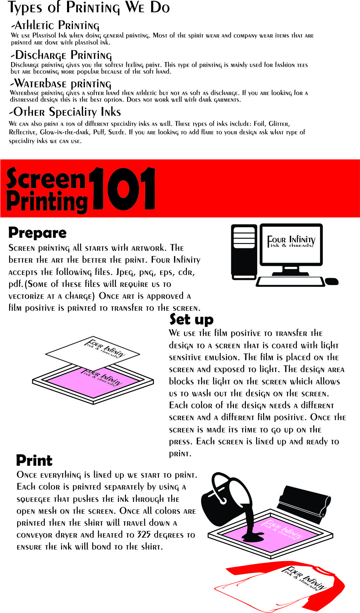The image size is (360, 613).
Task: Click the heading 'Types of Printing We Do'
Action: click(89, 8)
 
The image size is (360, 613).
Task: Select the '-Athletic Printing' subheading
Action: click(55, 26)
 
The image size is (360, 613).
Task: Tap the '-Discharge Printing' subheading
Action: click(61, 55)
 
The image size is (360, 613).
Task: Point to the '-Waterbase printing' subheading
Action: click(60, 84)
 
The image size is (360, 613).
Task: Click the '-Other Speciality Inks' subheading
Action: click(65, 112)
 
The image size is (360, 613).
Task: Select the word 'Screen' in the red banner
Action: click(46, 178)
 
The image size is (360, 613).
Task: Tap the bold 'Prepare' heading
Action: click(38, 233)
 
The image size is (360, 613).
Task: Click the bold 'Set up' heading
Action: click(192, 319)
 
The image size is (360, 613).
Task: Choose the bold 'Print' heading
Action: click(34, 460)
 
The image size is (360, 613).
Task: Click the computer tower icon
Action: click(244, 252)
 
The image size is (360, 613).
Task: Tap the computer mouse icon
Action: click(332, 281)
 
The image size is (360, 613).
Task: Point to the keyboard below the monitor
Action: click(291, 282)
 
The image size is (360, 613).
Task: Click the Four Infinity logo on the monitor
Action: click(291, 242)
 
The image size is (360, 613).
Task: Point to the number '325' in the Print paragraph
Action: click(144, 535)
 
